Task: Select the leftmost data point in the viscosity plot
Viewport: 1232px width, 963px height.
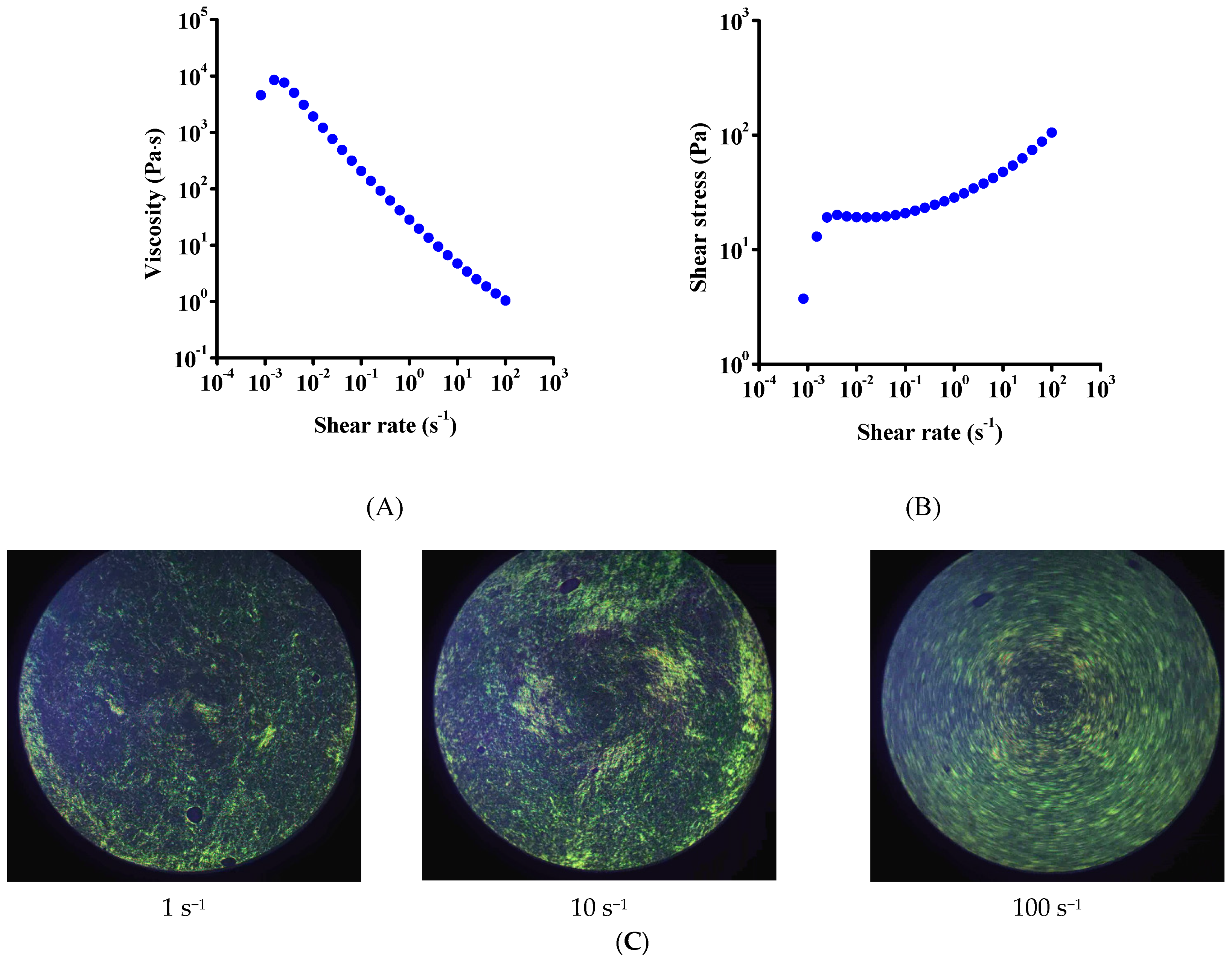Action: click(x=260, y=95)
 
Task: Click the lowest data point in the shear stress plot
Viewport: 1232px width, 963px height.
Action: click(x=803, y=299)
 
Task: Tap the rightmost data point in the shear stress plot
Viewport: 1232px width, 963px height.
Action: click(x=1051, y=133)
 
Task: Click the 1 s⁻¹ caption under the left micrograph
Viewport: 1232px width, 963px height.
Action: click(x=183, y=908)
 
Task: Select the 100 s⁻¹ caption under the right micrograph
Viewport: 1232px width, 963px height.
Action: click(x=1046, y=908)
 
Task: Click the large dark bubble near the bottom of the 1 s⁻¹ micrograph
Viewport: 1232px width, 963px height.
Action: click(x=194, y=814)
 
